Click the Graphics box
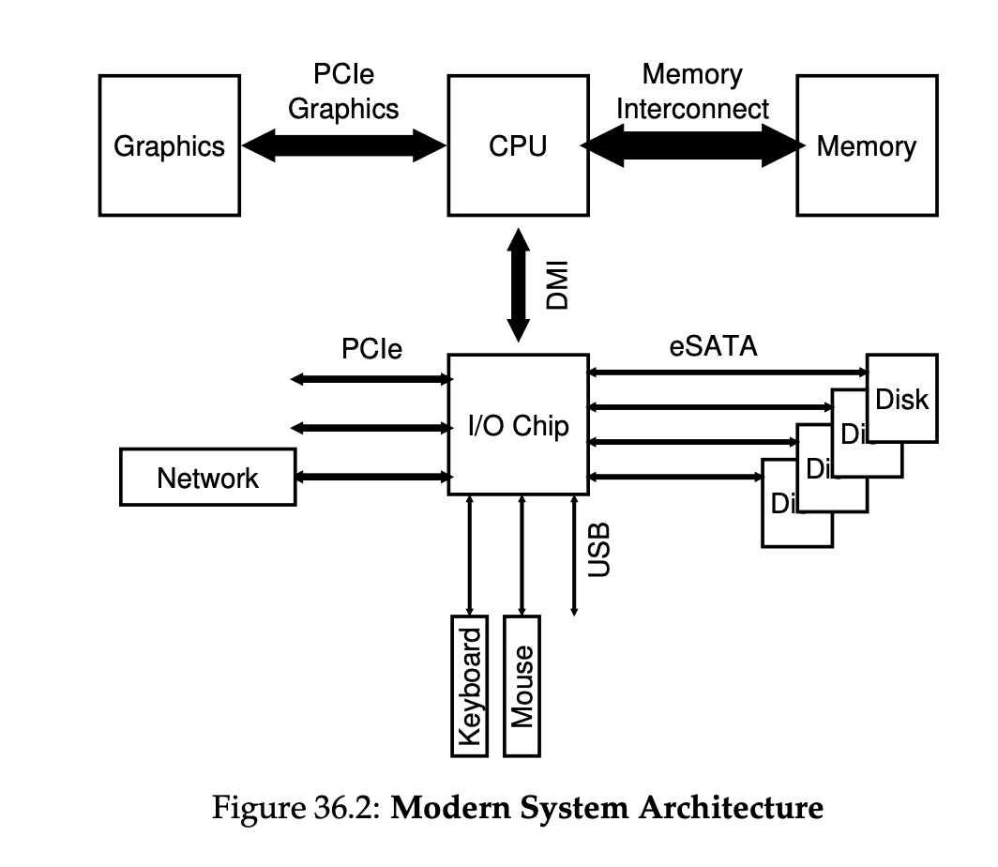click(x=169, y=146)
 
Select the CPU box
click(x=517, y=146)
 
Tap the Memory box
click(x=866, y=146)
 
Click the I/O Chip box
click(x=518, y=425)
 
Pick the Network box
click(x=207, y=478)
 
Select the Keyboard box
click(x=470, y=686)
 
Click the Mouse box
click(x=522, y=686)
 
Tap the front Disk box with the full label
click(x=901, y=399)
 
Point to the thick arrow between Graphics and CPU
click(x=343, y=145)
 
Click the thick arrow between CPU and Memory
click(x=692, y=146)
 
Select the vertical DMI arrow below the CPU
click(x=518, y=285)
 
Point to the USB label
click(x=597, y=550)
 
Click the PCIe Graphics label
click(x=343, y=91)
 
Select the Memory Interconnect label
click(x=692, y=91)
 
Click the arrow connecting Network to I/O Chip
click(x=373, y=477)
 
